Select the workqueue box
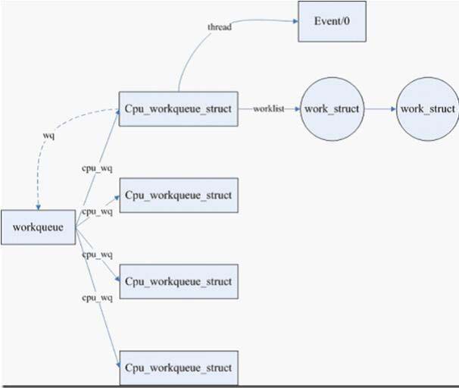[38, 227]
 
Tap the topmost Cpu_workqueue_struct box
[178, 110]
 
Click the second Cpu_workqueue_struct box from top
[178, 196]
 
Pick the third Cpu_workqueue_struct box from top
[178, 282]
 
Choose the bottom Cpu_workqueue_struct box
[178, 368]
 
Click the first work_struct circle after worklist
[332, 109]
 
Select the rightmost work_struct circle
[427, 109]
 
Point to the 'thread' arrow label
[220, 27]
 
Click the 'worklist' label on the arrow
[269, 110]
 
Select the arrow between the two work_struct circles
[379, 109]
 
